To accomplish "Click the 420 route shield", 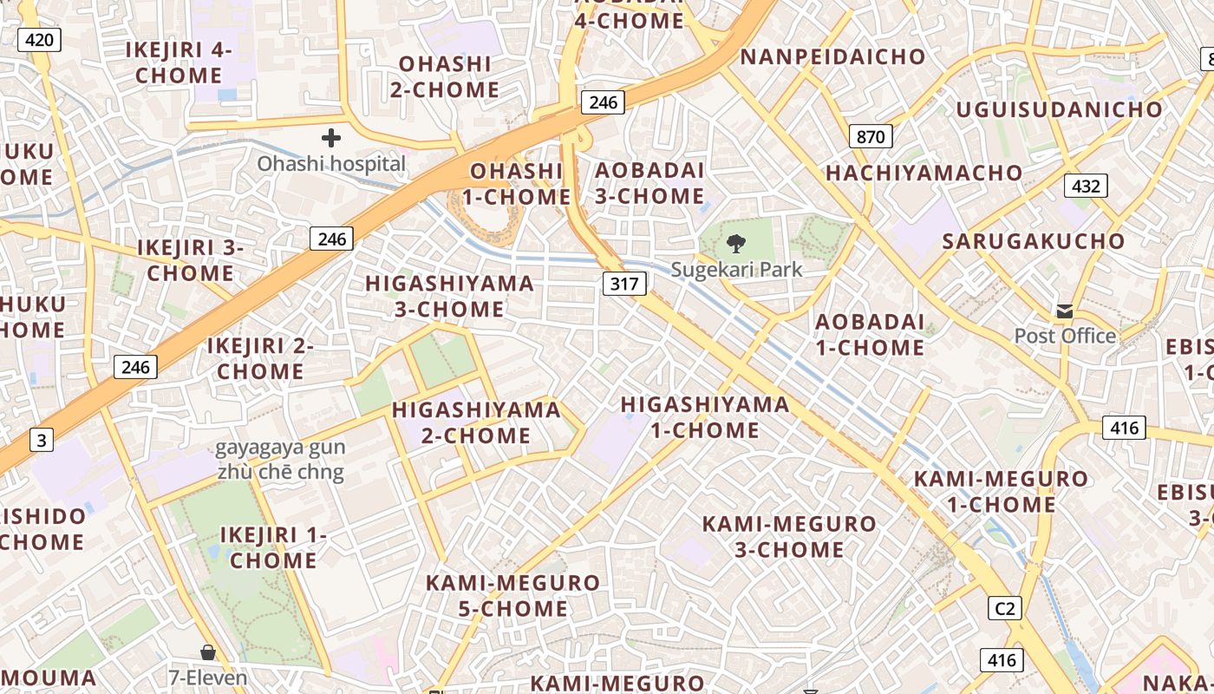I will point(39,39).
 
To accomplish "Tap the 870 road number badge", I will point(871,136).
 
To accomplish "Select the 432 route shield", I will point(1086,186).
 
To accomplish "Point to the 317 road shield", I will point(624,283).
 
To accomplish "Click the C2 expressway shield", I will point(1004,608).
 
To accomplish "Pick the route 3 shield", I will point(41,441).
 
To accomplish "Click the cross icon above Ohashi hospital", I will point(331,138).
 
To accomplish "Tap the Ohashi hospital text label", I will point(331,163).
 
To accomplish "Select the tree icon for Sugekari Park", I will point(736,244).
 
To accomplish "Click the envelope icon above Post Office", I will point(1064,311).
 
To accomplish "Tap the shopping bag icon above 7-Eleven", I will point(208,652).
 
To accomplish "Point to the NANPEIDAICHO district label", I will point(832,57).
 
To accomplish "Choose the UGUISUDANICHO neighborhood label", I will point(1059,109).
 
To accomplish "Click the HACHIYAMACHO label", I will point(924,173).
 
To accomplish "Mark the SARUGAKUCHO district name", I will point(1034,241).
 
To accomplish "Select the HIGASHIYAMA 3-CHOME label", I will point(449,297).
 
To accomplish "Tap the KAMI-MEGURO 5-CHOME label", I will point(512,595).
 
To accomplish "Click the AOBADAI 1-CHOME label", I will point(870,334).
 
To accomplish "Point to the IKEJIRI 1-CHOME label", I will point(273,547).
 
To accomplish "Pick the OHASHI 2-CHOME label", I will point(444,76).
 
